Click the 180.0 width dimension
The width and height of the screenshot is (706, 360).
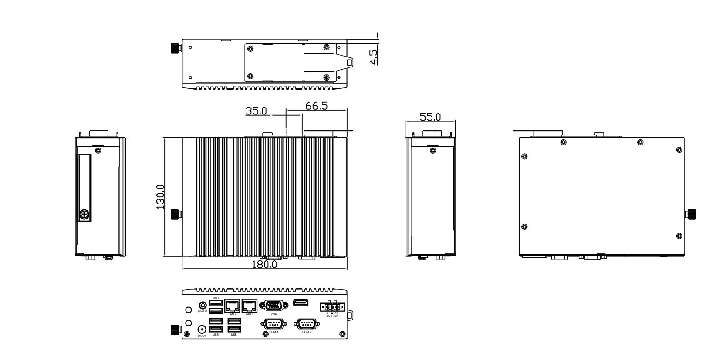264,264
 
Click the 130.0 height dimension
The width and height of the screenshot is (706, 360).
160,197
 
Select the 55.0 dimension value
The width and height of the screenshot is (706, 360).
430,117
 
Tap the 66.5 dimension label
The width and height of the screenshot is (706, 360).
316,106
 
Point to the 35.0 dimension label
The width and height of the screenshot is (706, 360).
256,111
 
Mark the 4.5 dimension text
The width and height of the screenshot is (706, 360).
374,57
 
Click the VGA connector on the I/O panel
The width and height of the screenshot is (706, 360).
273,306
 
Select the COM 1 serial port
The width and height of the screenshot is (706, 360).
273,324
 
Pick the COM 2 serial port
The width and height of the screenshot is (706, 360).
307,324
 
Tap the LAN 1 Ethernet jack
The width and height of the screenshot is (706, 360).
250,305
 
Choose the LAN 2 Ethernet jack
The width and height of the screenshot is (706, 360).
232,305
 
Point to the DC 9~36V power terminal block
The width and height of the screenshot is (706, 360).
332,307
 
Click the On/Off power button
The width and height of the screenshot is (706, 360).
202,330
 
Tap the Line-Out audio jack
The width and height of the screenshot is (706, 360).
202,306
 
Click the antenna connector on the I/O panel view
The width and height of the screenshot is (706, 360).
176,330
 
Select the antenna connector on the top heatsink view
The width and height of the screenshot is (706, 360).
176,214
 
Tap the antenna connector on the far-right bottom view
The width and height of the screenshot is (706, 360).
690,214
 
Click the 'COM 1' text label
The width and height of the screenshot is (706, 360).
274,332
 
